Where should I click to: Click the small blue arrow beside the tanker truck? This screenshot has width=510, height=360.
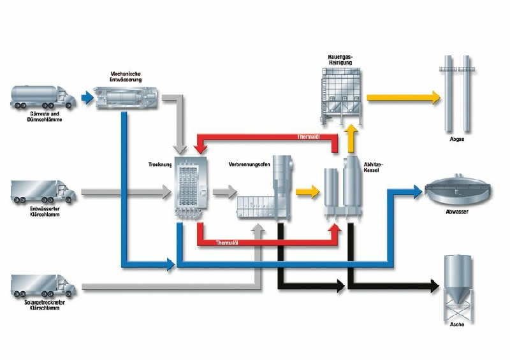pos(87,98)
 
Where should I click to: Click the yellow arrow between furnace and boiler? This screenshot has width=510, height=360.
pos(307,191)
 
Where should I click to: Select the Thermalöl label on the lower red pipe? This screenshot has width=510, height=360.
pos(228,243)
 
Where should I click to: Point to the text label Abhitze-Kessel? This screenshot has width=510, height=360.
pos(374,166)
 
